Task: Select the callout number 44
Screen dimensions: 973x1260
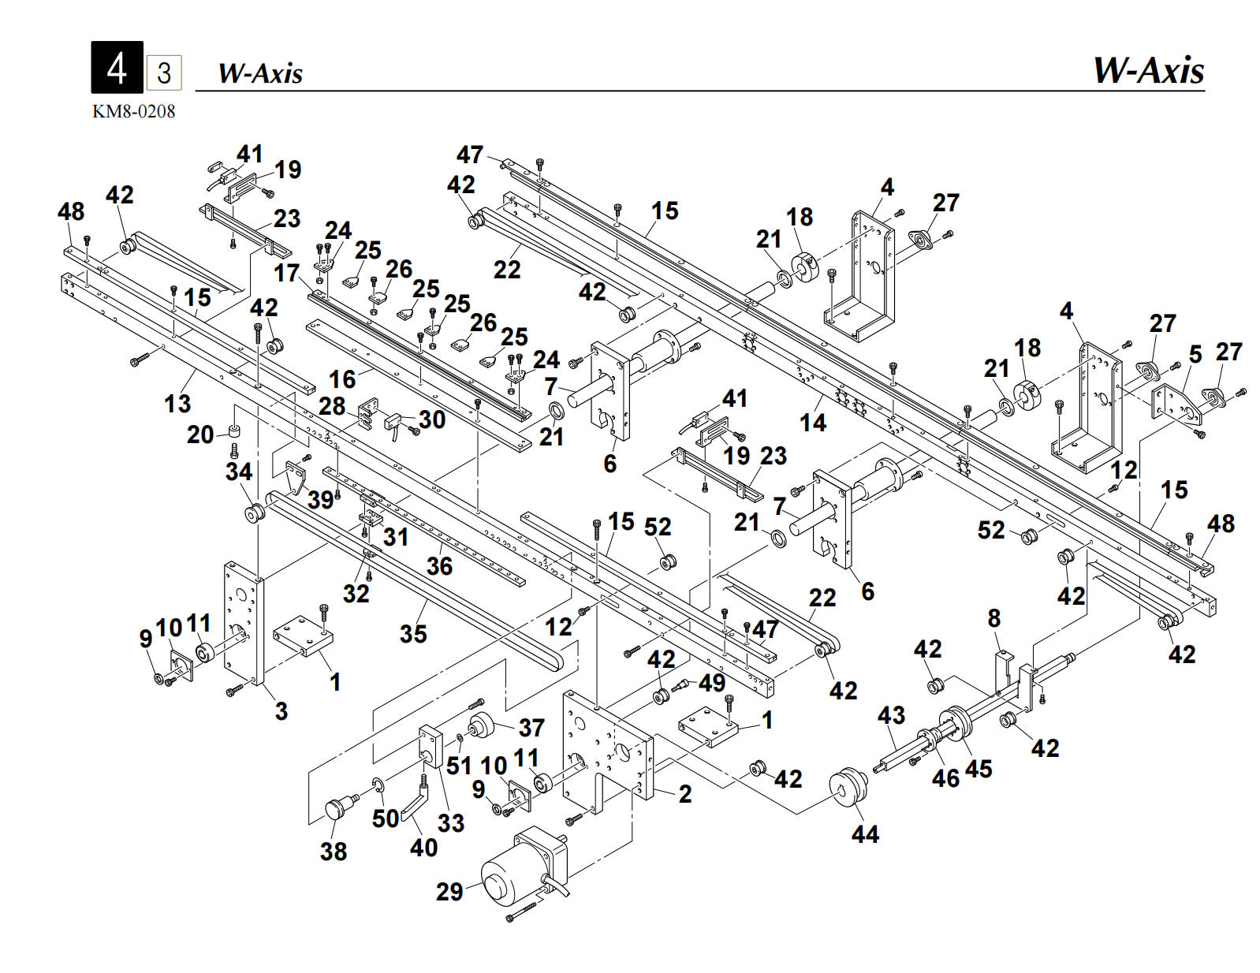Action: click(x=865, y=833)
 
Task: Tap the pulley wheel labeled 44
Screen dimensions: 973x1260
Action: click(x=848, y=788)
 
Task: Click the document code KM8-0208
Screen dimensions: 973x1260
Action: click(x=133, y=111)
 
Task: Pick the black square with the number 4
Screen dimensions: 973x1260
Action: click(x=117, y=68)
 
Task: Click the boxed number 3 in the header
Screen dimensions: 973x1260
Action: click(x=164, y=73)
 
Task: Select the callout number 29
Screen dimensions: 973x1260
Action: click(x=449, y=891)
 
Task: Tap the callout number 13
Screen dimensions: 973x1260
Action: click(x=177, y=404)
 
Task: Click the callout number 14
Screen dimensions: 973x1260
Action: click(x=813, y=423)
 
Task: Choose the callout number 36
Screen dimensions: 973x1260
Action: click(x=439, y=565)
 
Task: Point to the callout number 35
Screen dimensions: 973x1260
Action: click(x=413, y=633)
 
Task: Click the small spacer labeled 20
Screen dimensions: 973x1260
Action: click(x=234, y=431)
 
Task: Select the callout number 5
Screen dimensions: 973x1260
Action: click(x=1195, y=355)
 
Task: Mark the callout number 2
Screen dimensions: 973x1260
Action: click(x=685, y=793)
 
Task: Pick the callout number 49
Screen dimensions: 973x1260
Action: click(x=711, y=682)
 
